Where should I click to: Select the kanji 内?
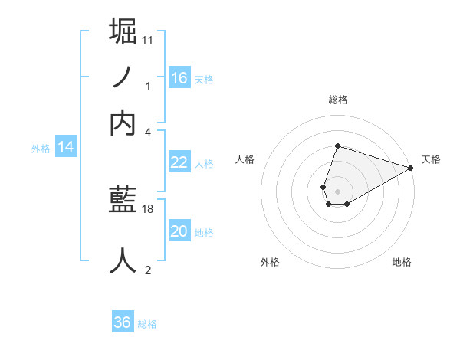123,123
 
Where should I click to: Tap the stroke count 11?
148,40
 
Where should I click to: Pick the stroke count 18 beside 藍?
148,208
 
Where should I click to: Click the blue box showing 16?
179,77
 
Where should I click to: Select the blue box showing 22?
179,162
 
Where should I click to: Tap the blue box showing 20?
179,231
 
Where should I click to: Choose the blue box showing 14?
66,148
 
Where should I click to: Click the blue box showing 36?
123,322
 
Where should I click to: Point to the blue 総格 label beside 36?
147,324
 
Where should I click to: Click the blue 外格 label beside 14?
41,149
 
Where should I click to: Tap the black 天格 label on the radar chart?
432,160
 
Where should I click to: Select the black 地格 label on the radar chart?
402,263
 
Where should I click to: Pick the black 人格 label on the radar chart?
245,160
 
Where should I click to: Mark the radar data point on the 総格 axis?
337,146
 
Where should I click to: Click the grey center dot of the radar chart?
337,191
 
